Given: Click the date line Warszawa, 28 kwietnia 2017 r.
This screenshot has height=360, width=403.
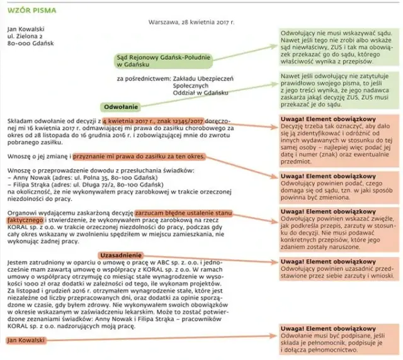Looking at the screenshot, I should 191,22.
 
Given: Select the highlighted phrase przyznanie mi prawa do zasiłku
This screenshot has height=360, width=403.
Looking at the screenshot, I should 139,155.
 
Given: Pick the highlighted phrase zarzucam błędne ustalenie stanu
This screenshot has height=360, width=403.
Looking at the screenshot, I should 183,213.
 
